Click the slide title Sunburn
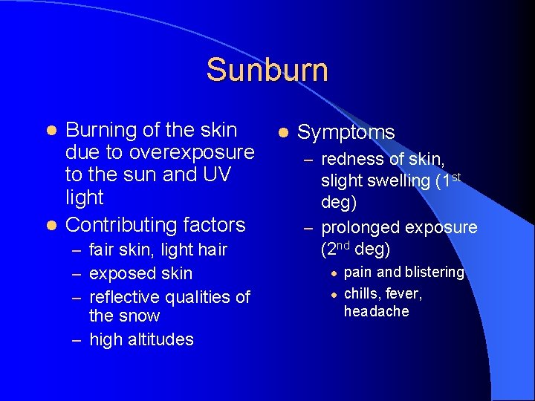tap(267, 70)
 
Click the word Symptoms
tap(346, 132)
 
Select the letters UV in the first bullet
tap(210, 175)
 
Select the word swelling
tap(402, 180)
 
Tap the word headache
tap(376, 311)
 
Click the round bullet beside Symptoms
tap(282, 133)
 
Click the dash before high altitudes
tap(77, 340)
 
